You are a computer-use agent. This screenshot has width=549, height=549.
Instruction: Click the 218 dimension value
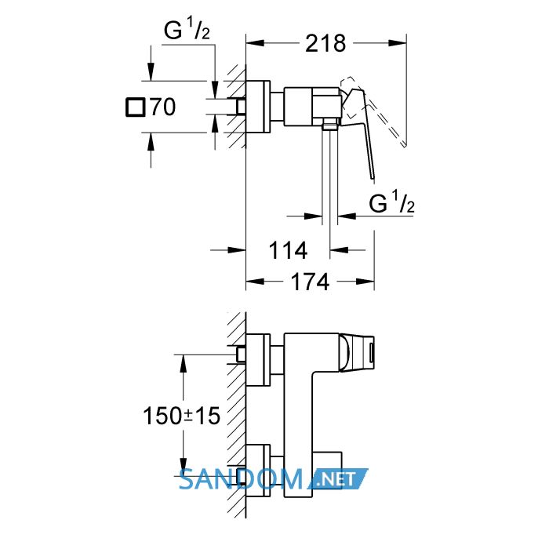pyautogui.click(x=325, y=43)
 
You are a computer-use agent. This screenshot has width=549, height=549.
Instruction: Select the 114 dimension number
pyautogui.click(x=288, y=250)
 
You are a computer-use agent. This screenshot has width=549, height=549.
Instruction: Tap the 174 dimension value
pyautogui.click(x=310, y=282)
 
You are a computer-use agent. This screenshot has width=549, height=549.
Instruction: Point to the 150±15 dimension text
pyautogui.click(x=181, y=416)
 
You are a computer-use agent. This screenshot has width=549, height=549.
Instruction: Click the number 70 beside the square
pyautogui.click(x=163, y=107)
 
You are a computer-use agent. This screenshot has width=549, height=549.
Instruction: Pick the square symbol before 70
pyautogui.click(x=135, y=107)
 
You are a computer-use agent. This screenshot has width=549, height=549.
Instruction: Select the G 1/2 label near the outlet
pyautogui.click(x=392, y=202)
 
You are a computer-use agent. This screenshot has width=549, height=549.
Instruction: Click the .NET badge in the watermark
pyautogui.click(x=338, y=478)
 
